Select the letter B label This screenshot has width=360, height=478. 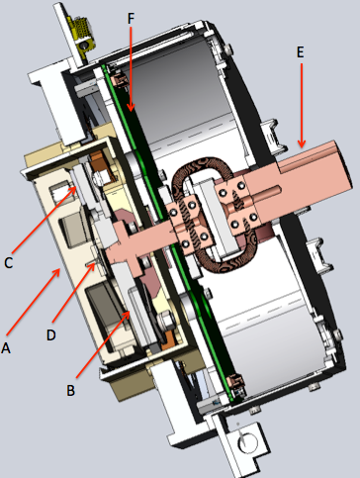click(x=70, y=389)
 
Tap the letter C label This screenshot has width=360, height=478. click(x=9, y=262)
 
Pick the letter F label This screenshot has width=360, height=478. click(x=133, y=17)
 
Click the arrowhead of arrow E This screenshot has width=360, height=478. click(x=304, y=136)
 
